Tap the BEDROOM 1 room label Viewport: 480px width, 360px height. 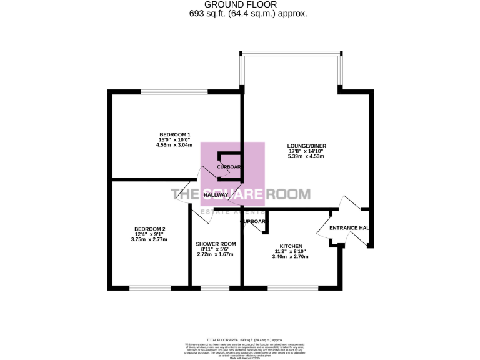[174, 135]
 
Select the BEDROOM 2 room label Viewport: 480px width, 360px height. [149, 229]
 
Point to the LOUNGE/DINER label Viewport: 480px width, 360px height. [307, 146]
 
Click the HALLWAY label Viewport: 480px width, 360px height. [216, 196]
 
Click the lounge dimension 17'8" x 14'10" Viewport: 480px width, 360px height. [307, 151]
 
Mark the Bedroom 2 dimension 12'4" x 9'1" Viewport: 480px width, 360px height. [149, 234]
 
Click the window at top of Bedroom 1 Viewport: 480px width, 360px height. [174, 92]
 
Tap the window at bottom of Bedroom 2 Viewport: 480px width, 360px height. [150, 287]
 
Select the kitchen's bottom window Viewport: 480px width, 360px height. [292, 287]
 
